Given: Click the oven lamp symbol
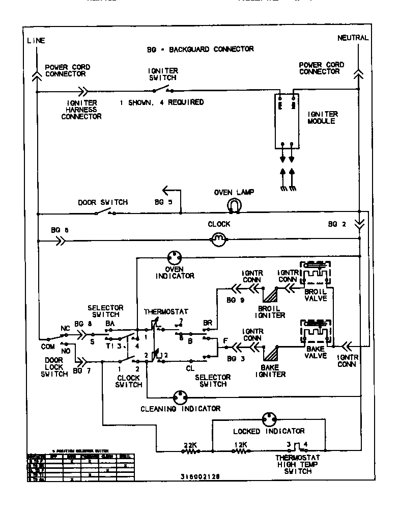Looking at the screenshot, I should tap(234, 205).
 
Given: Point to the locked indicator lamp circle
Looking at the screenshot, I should tap(269, 420).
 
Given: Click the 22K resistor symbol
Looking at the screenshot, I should tap(190, 451).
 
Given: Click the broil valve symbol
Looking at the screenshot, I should tap(316, 275).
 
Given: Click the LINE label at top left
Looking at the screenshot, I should tap(36, 40).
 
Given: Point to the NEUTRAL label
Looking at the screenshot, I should tap(353, 38).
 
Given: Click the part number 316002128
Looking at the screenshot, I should tap(201, 477).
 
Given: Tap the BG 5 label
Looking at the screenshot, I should tap(163, 202).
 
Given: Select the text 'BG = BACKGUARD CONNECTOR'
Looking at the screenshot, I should tap(199, 49).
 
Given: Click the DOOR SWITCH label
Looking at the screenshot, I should tap(103, 202).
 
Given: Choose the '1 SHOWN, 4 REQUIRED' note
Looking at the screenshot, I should tap(162, 102).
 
